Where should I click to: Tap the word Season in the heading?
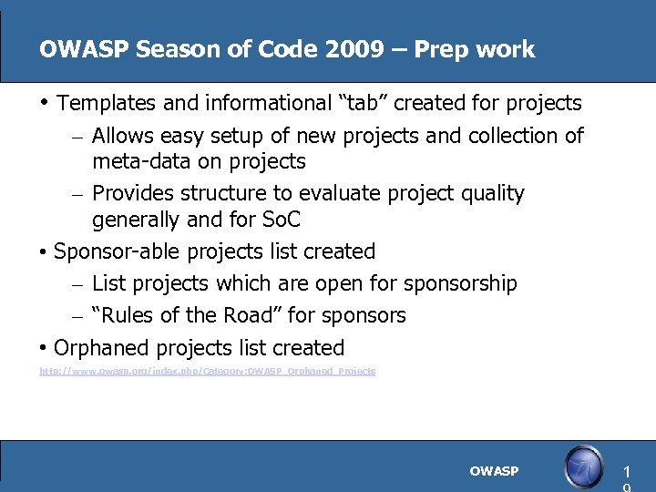pyautogui.click(x=163, y=49)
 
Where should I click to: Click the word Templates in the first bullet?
pyautogui.click(x=106, y=102)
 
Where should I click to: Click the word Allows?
pyautogui.click(x=123, y=136)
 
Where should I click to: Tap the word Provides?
pyautogui.click(x=133, y=193)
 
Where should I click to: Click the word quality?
pyautogui.click(x=492, y=193)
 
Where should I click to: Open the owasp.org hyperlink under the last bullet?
pyautogui.click(x=207, y=372)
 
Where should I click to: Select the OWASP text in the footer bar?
pyautogui.click(x=494, y=471)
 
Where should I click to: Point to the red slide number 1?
pyautogui.click(x=626, y=472)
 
